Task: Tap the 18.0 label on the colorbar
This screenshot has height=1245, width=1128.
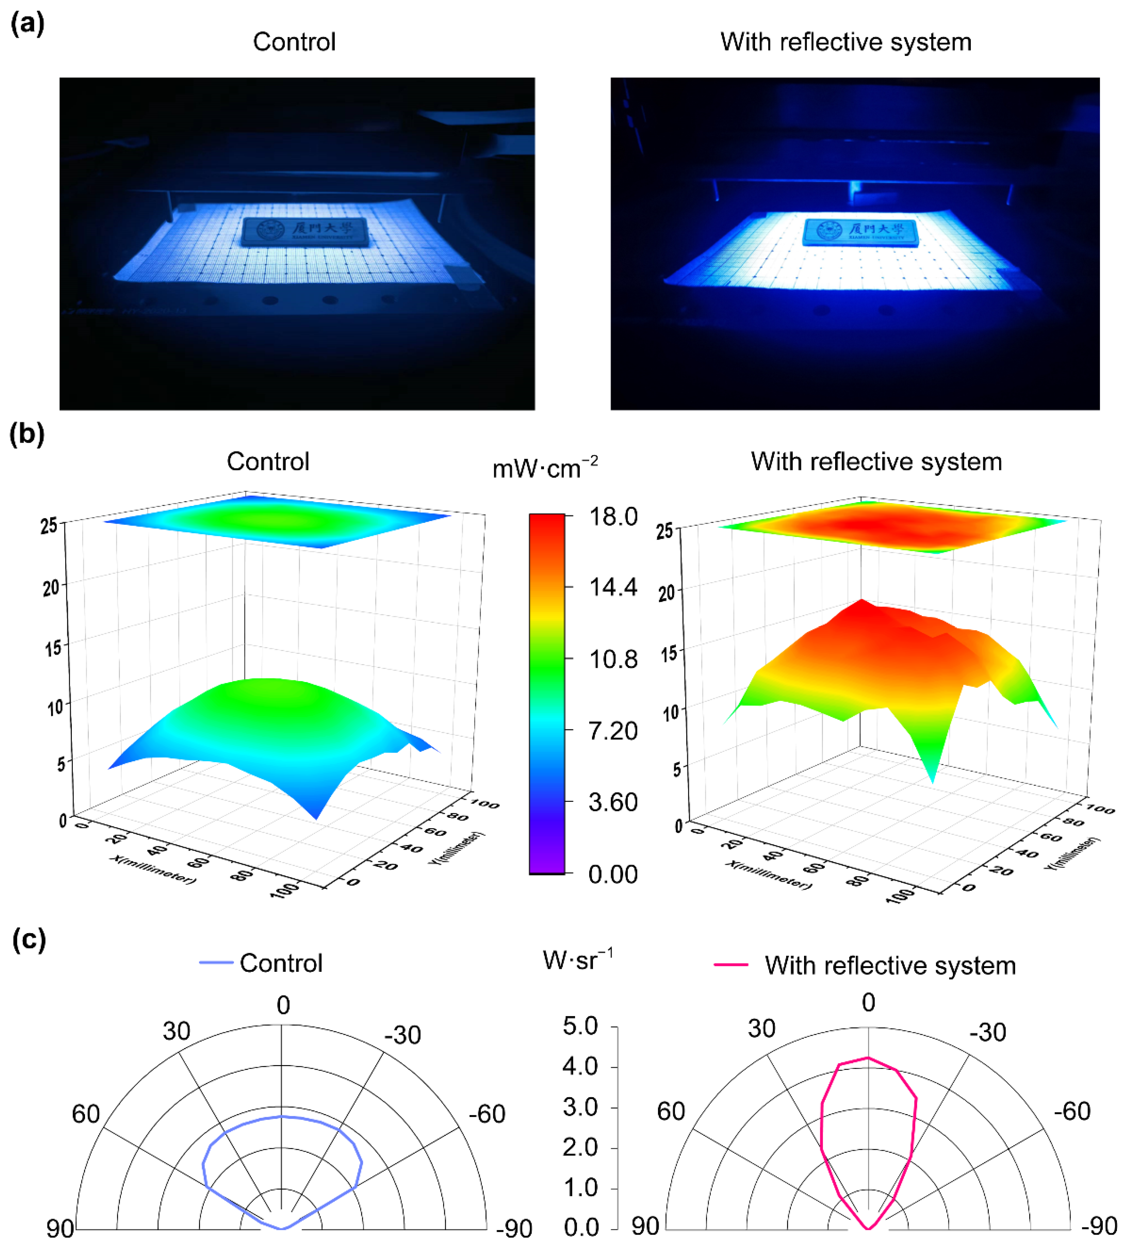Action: [x=612, y=516]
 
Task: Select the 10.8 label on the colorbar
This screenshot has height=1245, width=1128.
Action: [x=612, y=659]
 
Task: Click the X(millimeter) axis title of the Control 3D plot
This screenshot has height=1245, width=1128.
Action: [x=153, y=869]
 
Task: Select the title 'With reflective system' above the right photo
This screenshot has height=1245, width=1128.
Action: [x=845, y=42]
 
